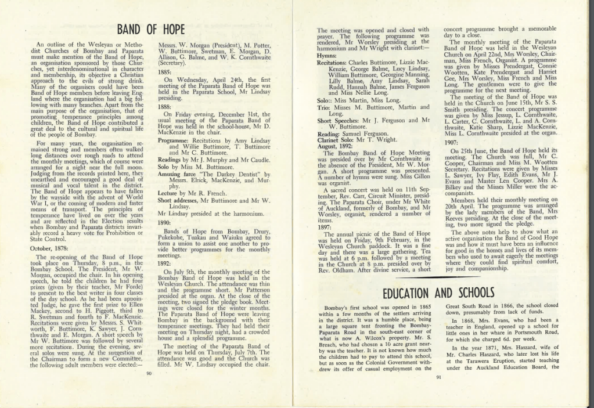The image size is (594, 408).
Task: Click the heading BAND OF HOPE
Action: coord(150,30)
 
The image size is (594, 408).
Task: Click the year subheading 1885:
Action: coord(165,72)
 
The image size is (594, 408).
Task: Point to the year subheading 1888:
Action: coord(165,107)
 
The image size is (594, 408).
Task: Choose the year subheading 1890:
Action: coord(165,222)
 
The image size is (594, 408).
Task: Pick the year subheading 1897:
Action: coord(325,227)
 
